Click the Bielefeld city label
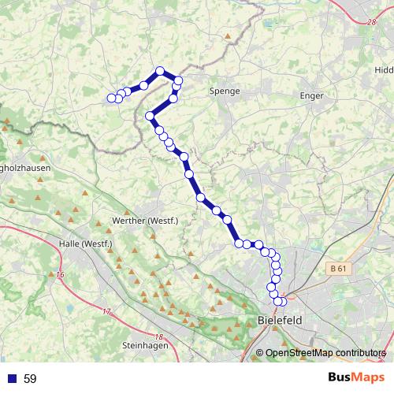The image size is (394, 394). [280, 321]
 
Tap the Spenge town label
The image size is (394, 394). [224, 91]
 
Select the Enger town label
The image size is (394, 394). [312, 95]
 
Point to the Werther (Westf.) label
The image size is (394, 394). [147, 221]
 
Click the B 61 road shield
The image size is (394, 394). [338, 269]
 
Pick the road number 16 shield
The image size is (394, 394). [61, 274]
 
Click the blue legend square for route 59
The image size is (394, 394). [12, 378]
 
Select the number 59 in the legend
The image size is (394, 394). [30, 378]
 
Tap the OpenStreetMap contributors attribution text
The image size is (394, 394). [325, 352]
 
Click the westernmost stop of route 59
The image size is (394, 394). [111, 98]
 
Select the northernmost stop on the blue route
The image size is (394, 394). [160, 71]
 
